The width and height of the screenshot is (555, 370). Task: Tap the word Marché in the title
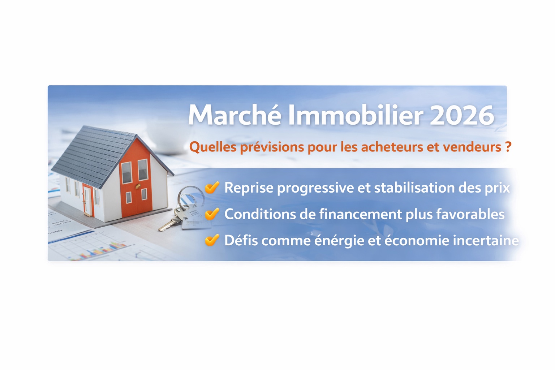tap(235, 115)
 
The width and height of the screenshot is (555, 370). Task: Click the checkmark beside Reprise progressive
tap(212, 188)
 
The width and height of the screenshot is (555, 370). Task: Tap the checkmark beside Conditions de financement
tap(212, 214)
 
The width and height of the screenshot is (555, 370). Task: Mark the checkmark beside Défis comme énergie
tap(212, 240)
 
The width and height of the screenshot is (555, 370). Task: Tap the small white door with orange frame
tap(87, 201)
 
